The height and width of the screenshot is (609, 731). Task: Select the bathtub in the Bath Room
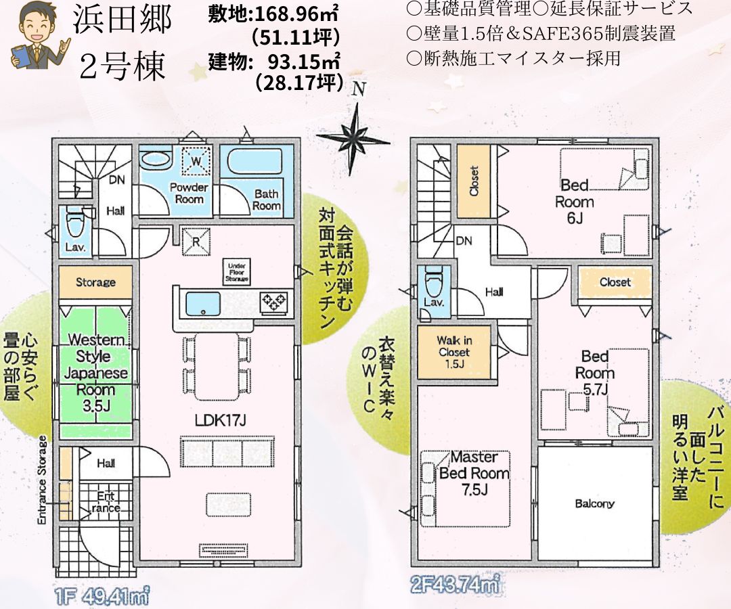coord(254,162)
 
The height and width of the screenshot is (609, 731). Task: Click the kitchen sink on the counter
coord(203,304)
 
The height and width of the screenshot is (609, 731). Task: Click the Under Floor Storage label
coord(237,273)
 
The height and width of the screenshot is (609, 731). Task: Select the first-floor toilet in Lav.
coord(74,225)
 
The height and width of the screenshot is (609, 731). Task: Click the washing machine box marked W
coord(196,161)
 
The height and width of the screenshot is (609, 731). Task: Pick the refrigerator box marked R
coord(196,242)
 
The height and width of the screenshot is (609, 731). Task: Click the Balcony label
coord(594,503)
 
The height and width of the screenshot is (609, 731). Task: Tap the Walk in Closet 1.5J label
coord(453,352)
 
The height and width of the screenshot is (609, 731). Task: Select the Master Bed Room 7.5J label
coord(474,473)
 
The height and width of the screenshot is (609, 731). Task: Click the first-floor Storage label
coord(95,282)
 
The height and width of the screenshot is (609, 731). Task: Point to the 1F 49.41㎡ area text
coord(103,596)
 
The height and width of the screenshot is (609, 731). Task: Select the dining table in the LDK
coord(218,366)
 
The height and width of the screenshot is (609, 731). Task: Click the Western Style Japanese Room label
coord(95,373)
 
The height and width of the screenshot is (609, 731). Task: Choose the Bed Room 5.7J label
coord(595,373)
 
